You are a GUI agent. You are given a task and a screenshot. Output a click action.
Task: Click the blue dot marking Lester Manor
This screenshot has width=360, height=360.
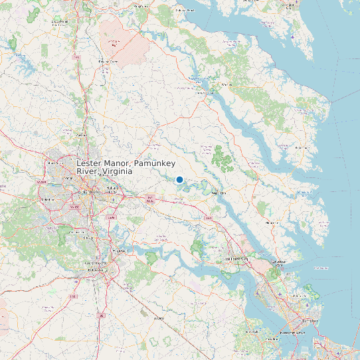pyautogui.click(x=179, y=179)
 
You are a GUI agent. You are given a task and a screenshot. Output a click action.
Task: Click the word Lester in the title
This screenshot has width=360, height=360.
pyautogui.click(x=90, y=163)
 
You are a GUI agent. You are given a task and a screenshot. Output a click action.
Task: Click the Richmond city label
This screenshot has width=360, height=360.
pyautogui.click(x=89, y=192)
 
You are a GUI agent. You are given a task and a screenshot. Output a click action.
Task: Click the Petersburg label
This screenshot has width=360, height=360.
pyautogui.click(x=97, y=271)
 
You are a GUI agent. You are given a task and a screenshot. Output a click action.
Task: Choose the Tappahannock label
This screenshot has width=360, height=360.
pyautogui.click(x=203, y=93)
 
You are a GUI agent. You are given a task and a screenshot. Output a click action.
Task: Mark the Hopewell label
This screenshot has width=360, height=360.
pyautogui.click(x=119, y=250)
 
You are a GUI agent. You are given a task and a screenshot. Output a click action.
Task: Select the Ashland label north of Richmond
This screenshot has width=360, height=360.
pyautogui.click(x=82, y=135)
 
